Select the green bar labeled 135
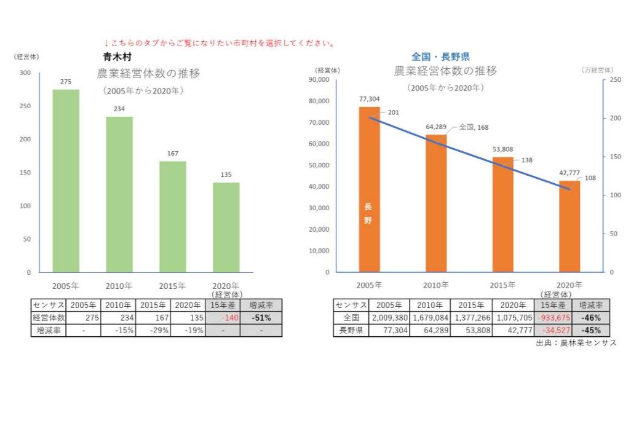point(226,227)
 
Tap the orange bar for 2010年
point(436,203)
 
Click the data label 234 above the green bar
point(119,109)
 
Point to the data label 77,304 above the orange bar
point(370,98)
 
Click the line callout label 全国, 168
point(474,127)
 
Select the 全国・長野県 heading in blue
point(440,57)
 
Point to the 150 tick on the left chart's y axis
point(25,173)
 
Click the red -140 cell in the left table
point(221,318)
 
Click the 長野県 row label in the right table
point(351,331)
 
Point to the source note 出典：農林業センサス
point(575,343)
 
